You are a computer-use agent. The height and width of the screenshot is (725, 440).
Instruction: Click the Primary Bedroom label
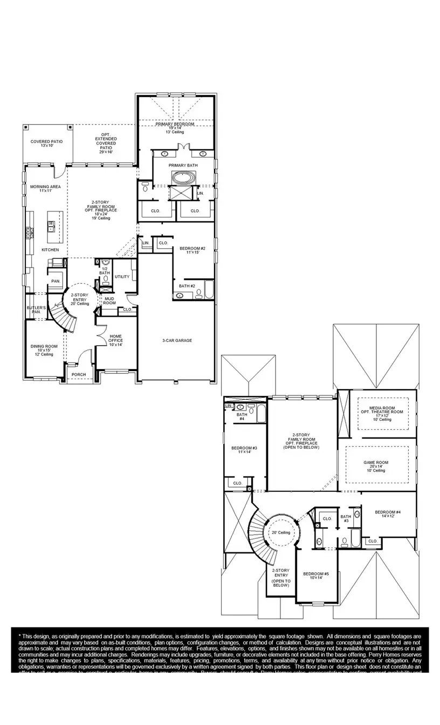click(x=175, y=124)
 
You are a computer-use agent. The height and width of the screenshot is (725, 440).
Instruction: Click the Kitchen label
click(x=50, y=250)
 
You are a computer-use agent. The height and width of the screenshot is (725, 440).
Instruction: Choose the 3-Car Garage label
click(x=177, y=340)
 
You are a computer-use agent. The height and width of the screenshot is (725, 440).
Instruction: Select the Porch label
click(x=79, y=374)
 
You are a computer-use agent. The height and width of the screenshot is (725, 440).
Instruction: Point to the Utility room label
click(x=122, y=277)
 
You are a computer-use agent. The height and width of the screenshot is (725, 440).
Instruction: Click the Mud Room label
click(x=109, y=301)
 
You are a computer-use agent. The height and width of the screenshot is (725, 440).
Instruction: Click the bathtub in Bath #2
click(x=208, y=291)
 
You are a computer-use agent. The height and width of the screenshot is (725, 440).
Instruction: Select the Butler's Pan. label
click(x=37, y=310)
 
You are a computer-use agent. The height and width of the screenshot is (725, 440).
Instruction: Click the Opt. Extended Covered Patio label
click(x=106, y=143)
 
